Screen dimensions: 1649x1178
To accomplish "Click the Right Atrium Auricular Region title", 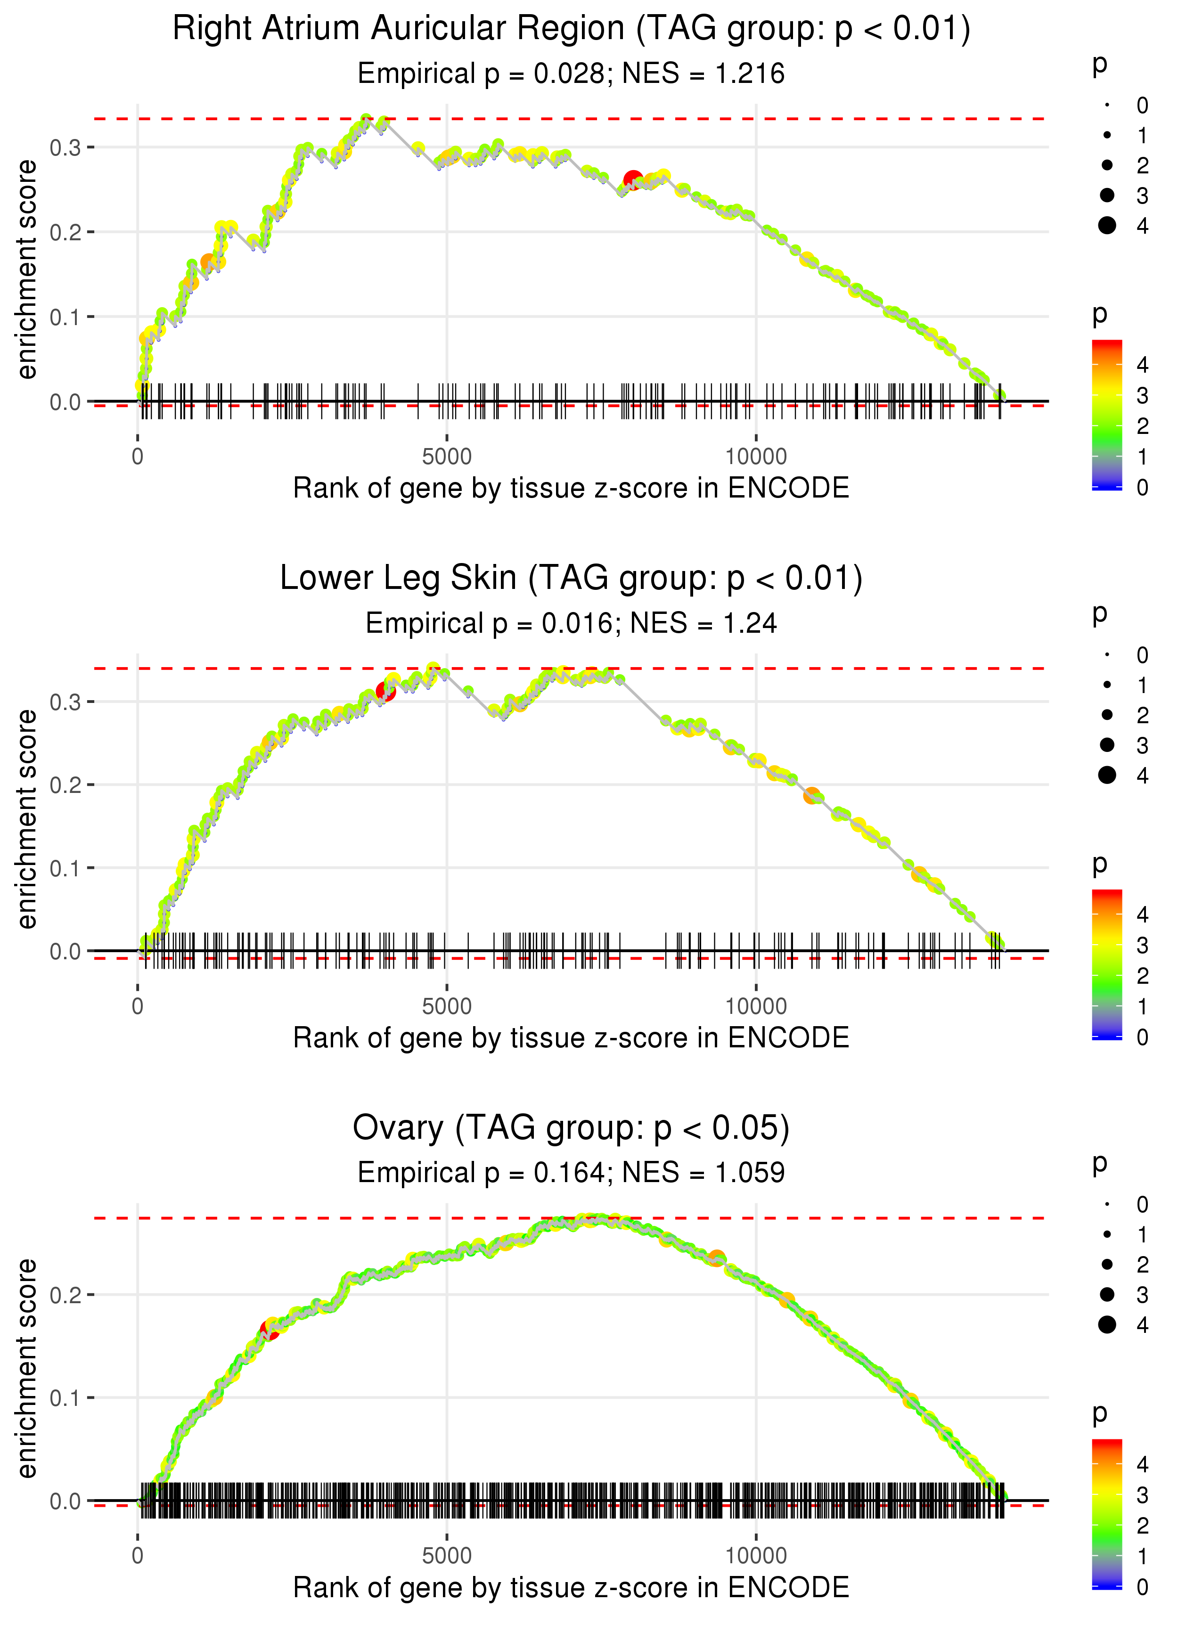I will (x=571, y=29).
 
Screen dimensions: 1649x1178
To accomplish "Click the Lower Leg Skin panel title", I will (x=571, y=579).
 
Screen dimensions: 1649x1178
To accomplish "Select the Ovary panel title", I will (x=571, y=1128).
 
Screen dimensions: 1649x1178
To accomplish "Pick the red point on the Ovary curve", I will (x=269, y=1331).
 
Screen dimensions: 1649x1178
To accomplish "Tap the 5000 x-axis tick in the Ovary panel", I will (x=446, y=1555).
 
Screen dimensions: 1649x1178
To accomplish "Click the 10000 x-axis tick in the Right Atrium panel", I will (x=756, y=457).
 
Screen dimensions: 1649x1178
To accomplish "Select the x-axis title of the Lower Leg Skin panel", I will (x=571, y=1038).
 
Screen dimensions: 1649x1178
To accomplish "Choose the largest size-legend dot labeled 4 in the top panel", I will (x=1107, y=226).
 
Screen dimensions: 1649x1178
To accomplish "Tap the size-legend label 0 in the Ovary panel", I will (x=1143, y=1205).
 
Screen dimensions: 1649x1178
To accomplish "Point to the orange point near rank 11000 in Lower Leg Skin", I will (x=812, y=795).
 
